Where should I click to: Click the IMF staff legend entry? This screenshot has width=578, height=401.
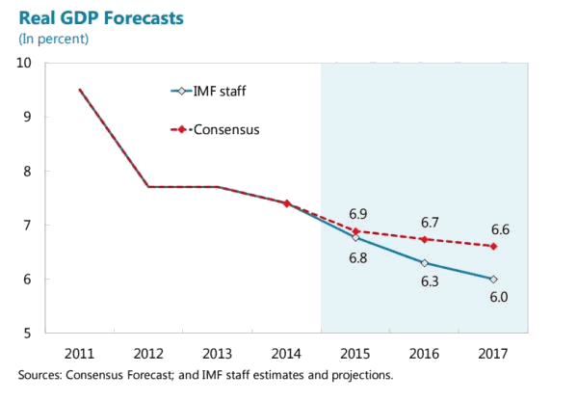click(222, 92)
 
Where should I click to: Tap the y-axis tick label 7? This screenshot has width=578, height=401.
click(28, 225)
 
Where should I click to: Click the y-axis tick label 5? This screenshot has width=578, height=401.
click(28, 334)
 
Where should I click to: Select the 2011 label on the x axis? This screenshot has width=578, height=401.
click(80, 352)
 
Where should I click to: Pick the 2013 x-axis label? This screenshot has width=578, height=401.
click(218, 352)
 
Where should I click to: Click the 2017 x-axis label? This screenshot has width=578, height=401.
click(493, 352)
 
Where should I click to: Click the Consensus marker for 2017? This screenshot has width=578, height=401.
click(493, 246)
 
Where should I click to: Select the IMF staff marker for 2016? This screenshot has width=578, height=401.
click(425, 262)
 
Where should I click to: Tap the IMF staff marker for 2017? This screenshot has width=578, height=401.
click(493, 279)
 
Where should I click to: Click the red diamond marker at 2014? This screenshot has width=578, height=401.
click(287, 203)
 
